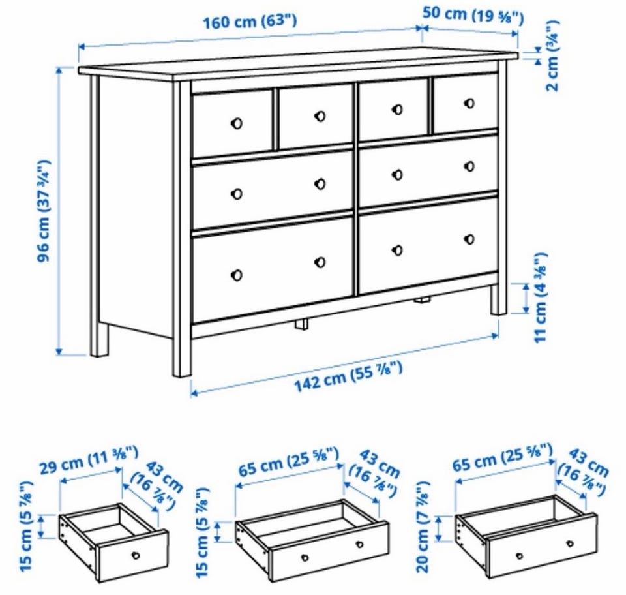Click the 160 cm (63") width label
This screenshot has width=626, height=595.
250,22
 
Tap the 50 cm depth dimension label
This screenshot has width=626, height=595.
473,15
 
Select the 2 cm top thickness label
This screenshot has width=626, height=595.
552,57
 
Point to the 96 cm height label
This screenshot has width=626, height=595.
44,211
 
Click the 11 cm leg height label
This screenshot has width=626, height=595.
541,298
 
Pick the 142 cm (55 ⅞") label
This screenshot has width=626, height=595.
348,376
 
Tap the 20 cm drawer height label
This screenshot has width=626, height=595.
423,526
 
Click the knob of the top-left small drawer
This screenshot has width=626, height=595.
236,123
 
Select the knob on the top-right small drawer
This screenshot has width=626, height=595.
469,104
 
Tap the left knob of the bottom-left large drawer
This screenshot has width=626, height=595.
236,275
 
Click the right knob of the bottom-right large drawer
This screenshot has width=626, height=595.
469,239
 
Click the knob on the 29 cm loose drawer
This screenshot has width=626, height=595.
136,555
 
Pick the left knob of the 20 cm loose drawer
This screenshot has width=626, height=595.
520,555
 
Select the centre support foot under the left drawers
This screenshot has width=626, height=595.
301,324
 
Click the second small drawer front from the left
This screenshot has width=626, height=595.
316,115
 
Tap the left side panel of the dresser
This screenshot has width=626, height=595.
136,204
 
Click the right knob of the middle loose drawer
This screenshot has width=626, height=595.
360,544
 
